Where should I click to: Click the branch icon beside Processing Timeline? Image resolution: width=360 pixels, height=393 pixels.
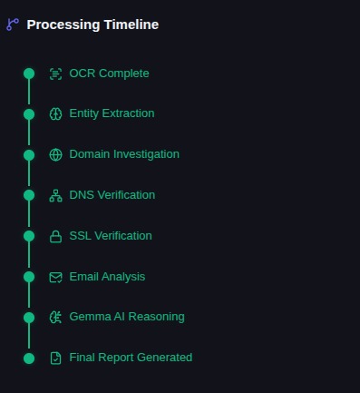pos(13,25)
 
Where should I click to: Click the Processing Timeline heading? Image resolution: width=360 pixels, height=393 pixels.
pos(92,25)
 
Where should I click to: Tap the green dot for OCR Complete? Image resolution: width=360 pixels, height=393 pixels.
pos(29,74)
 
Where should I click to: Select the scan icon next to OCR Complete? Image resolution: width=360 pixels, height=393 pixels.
pos(55,74)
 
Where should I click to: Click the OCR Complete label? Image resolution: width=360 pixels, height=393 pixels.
pos(109,74)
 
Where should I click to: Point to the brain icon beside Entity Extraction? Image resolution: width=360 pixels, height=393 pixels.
pos(55,114)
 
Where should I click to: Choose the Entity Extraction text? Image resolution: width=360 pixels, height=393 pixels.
pos(112,113)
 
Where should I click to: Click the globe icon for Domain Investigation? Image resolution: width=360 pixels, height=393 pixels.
pos(55,154)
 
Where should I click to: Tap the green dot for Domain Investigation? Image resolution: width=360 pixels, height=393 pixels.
pos(29,155)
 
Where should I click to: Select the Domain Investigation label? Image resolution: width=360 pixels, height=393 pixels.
pos(124,154)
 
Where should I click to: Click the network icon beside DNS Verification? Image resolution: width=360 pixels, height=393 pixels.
pos(55,195)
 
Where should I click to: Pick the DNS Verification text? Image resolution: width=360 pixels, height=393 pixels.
pos(112,195)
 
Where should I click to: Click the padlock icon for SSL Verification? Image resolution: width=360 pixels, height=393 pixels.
pos(55,237)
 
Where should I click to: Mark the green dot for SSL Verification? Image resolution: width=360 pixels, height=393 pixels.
pos(29,236)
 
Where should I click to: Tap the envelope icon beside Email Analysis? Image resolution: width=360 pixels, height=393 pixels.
pos(55,277)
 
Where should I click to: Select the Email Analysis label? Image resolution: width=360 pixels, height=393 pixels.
pos(107,277)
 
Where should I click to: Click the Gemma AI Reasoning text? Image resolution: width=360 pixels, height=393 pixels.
pos(127,317)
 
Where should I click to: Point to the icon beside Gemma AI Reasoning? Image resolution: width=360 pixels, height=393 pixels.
pos(55,318)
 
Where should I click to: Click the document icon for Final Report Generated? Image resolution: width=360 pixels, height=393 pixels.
pos(55,359)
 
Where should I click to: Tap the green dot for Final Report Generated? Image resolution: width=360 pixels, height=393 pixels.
pos(29,359)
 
